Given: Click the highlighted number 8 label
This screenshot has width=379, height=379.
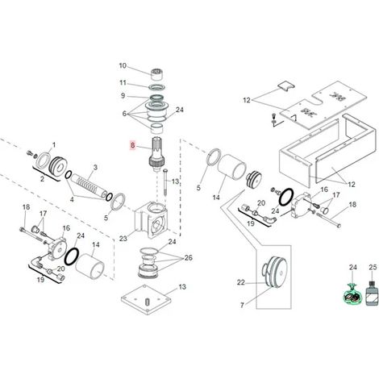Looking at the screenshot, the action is pos(132,145).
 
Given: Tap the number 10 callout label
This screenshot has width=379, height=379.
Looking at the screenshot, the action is pos(123,65).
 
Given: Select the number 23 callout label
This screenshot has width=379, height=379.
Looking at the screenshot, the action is pos(123,239).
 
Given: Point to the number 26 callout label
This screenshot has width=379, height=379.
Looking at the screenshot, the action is pos(189,258).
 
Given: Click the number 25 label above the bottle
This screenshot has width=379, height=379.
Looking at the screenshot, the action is pos(373,267).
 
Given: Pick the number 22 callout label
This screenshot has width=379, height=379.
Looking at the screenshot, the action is pos(241,282).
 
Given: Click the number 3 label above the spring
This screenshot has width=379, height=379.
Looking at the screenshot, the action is pos(95,168).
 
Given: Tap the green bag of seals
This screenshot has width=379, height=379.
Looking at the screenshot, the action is pos(353,294).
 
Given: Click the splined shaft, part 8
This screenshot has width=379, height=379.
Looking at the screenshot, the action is pos(156,154).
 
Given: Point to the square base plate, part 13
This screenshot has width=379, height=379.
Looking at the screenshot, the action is pos(146,299).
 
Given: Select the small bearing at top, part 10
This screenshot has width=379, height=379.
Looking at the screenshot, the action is pos(157,74).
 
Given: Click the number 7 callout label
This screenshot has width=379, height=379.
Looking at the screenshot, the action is pos(242,306).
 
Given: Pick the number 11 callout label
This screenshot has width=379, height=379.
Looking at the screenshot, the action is pos(123,82).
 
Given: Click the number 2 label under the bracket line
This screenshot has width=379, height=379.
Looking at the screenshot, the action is pos(42,178).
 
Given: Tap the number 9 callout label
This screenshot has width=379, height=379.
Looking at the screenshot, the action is pos(123,96).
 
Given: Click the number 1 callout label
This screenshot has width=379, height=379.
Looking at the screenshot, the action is pos(54,145).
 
